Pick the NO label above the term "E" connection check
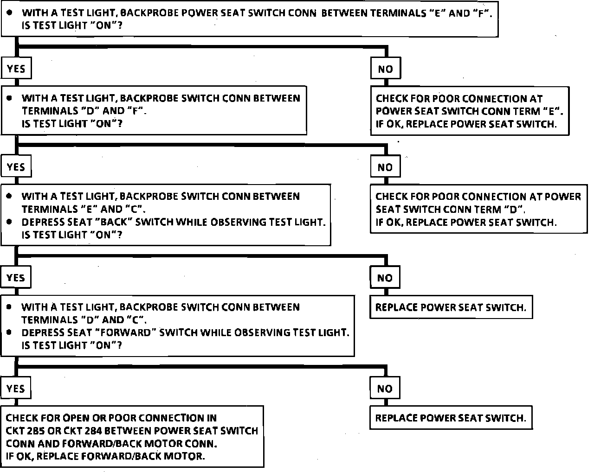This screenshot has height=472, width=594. (385, 69)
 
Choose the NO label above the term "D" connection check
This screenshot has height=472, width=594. (385, 167)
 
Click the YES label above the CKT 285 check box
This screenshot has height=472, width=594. (16, 389)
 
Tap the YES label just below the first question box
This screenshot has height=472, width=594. (16, 69)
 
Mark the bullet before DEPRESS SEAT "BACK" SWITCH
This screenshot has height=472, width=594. (9, 222)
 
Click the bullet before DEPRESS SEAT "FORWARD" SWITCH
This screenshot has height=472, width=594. (9, 332)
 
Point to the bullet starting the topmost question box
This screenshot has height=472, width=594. (9, 13)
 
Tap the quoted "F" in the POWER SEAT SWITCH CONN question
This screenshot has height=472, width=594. (482, 13)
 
